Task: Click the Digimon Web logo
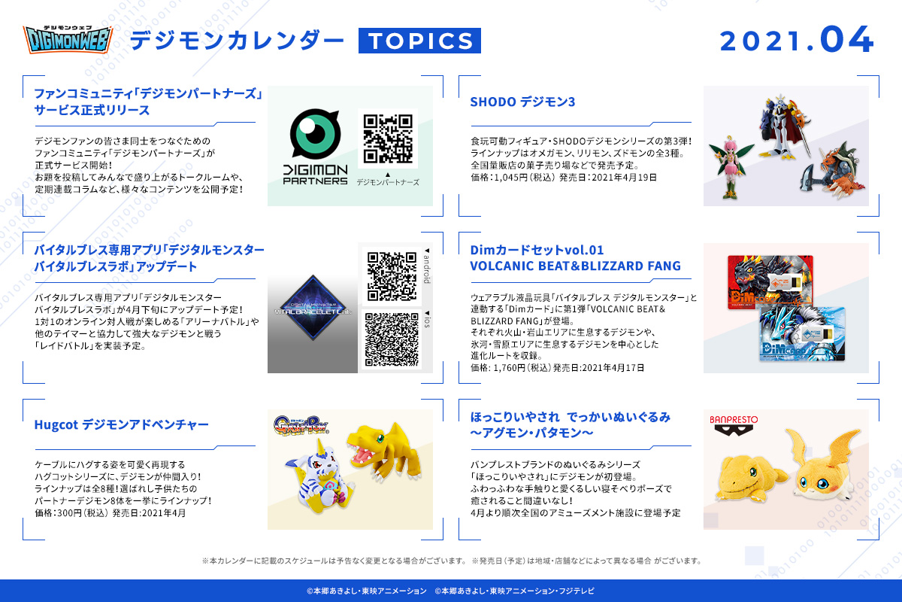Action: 68,39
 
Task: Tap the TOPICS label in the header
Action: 419,41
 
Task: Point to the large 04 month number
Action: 846,40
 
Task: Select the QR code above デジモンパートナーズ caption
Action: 388,138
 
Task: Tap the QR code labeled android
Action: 392,276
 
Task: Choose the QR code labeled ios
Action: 392,339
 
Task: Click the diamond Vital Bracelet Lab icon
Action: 313,308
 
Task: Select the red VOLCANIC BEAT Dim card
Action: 770,283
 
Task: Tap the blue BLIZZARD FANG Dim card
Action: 802,334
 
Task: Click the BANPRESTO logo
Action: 734,425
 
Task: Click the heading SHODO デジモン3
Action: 522,102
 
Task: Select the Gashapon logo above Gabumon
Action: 301,425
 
